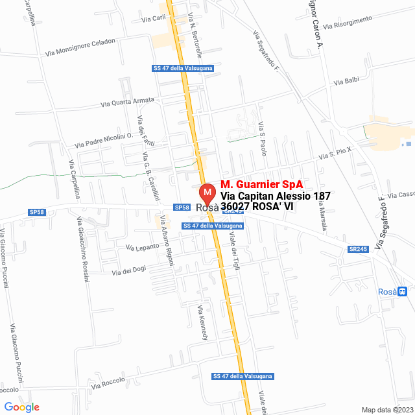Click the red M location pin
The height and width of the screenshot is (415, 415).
207,194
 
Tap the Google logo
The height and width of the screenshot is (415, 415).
21,407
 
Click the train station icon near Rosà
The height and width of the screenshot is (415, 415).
403,292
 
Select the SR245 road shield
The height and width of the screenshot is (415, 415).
357,249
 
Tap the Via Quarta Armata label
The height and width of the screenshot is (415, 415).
128,102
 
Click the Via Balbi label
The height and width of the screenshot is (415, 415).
346,82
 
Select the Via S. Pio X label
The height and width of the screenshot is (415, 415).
335,153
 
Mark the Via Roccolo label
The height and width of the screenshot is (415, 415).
108,383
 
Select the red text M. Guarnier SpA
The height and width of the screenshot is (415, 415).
261,184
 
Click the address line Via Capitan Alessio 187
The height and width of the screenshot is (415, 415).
276,196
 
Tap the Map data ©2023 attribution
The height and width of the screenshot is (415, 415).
386,409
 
